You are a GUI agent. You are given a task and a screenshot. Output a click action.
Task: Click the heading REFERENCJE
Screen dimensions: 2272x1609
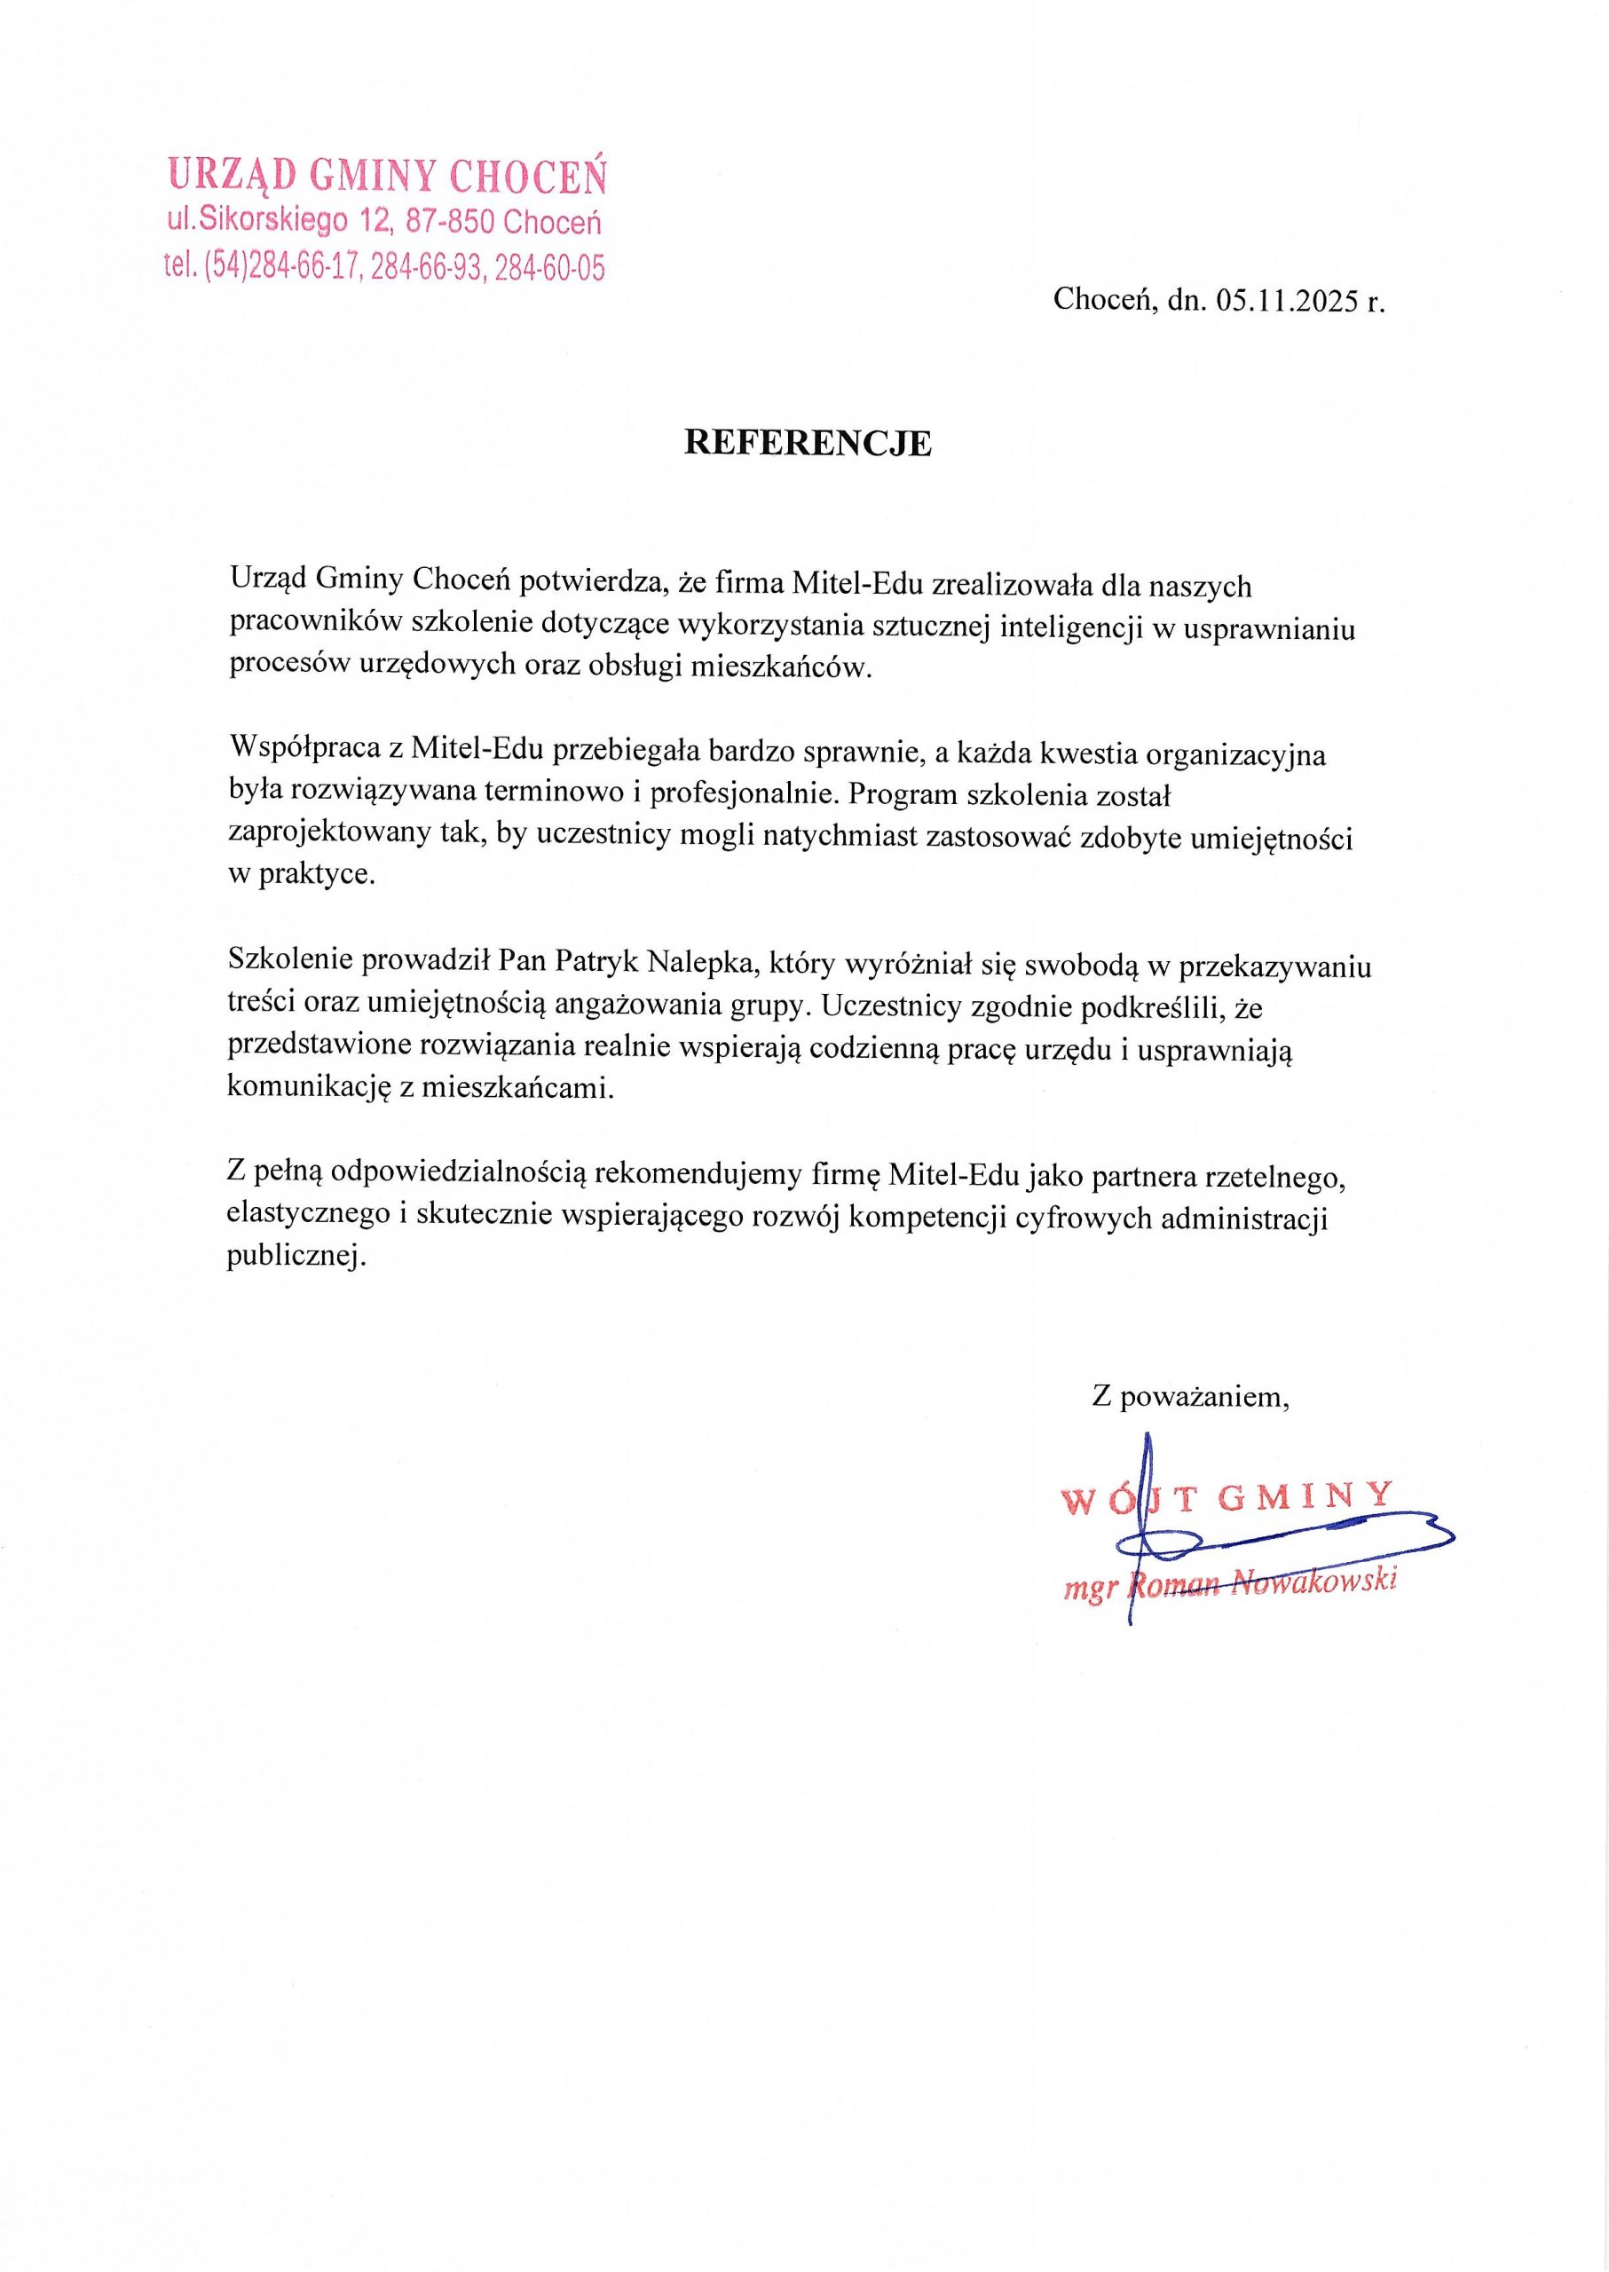(808, 443)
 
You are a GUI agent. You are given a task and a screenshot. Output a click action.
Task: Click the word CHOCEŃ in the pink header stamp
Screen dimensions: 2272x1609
(527, 177)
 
